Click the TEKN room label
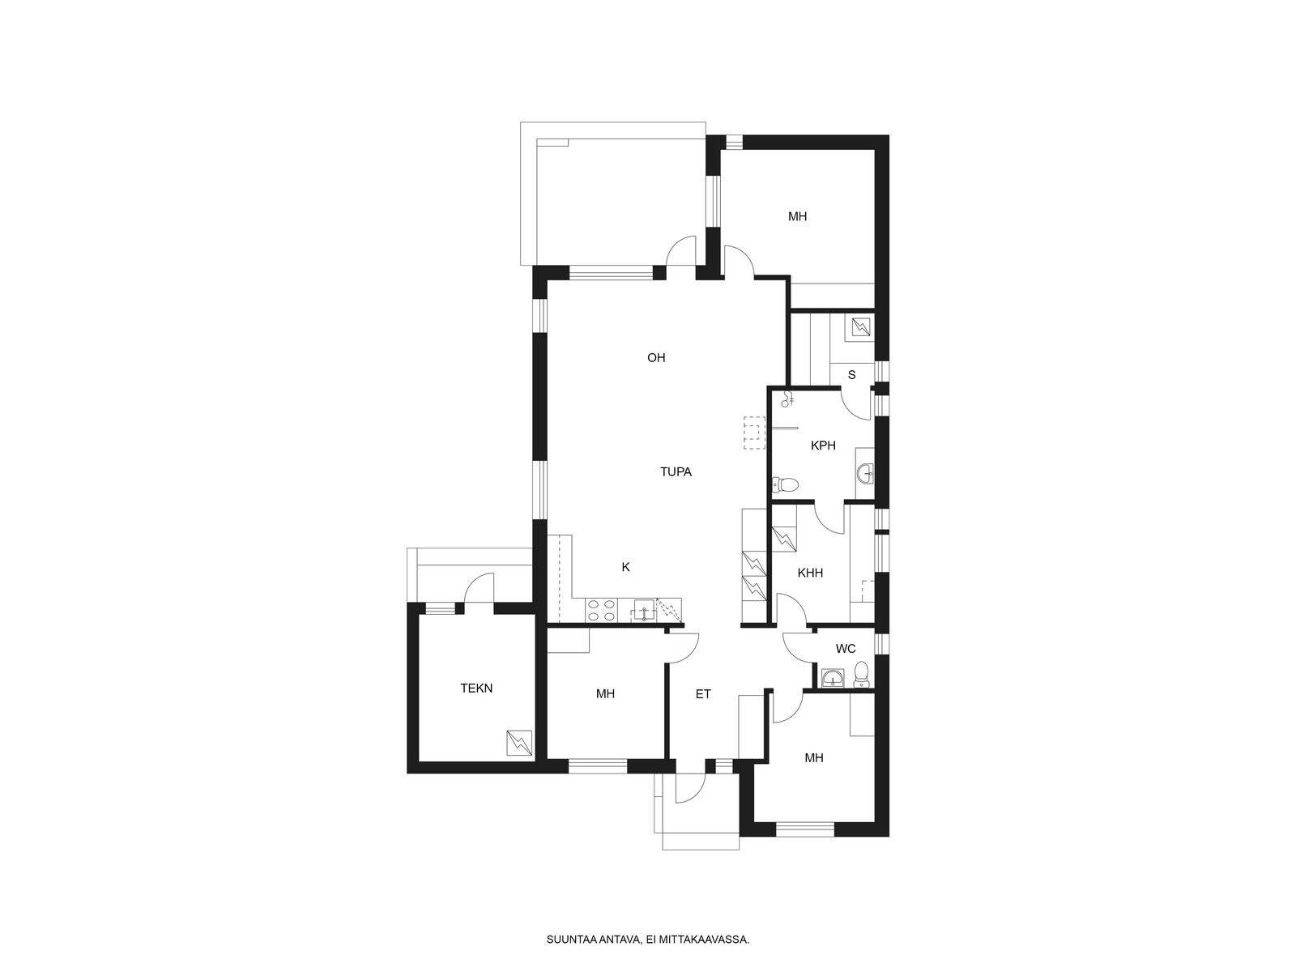click(x=476, y=688)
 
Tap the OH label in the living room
click(x=656, y=358)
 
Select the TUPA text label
click(x=676, y=472)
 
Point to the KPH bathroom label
click(x=823, y=446)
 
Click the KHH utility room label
click(x=810, y=573)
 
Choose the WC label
click(x=846, y=649)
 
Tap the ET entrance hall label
click(x=702, y=695)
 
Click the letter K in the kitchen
click(x=626, y=567)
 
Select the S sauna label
click(x=851, y=375)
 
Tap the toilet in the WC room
click(x=862, y=675)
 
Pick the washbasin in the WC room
click(x=833, y=678)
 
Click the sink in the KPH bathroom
click(x=866, y=473)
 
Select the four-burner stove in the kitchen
click(x=778, y=610)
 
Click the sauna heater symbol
click(x=860, y=326)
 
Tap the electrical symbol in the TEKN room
click(x=519, y=743)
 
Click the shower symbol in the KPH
click(x=787, y=399)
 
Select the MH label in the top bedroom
click(x=797, y=216)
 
